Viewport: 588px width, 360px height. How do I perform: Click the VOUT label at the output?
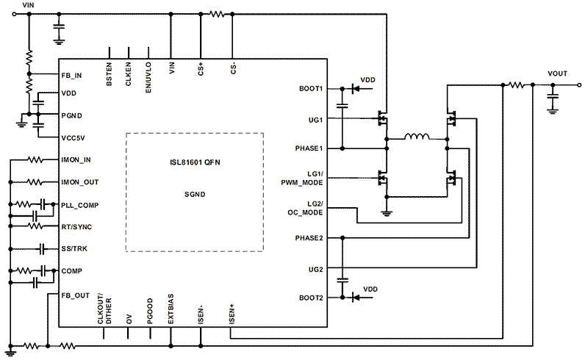click(x=558, y=74)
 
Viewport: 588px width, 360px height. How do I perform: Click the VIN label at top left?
click(x=28, y=5)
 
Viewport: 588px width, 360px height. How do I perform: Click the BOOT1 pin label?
click(x=312, y=88)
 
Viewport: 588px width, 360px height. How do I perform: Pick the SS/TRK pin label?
click(x=76, y=249)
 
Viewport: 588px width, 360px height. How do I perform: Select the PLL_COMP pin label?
click(x=79, y=205)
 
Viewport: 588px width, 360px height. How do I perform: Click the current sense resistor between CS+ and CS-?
click(x=217, y=14)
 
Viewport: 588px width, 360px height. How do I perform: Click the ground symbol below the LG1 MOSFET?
click(x=385, y=213)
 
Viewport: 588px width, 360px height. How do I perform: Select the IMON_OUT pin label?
click(x=81, y=182)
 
